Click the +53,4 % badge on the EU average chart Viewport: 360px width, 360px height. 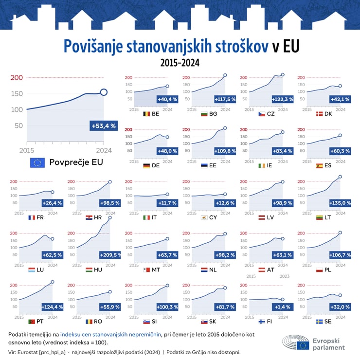(x=104, y=126)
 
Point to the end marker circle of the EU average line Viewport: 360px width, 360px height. (x=104, y=92)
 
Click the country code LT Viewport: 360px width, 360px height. (x=327, y=217)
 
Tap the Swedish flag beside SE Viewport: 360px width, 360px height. (x=319, y=322)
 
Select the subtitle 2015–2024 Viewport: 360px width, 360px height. (x=180, y=63)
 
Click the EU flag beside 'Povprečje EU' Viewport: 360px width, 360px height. (x=37, y=162)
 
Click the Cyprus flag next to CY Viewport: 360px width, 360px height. (x=204, y=217)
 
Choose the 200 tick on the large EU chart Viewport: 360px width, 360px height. (x=17, y=78)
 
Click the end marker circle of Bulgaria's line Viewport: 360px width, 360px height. (x=225, y=75)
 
